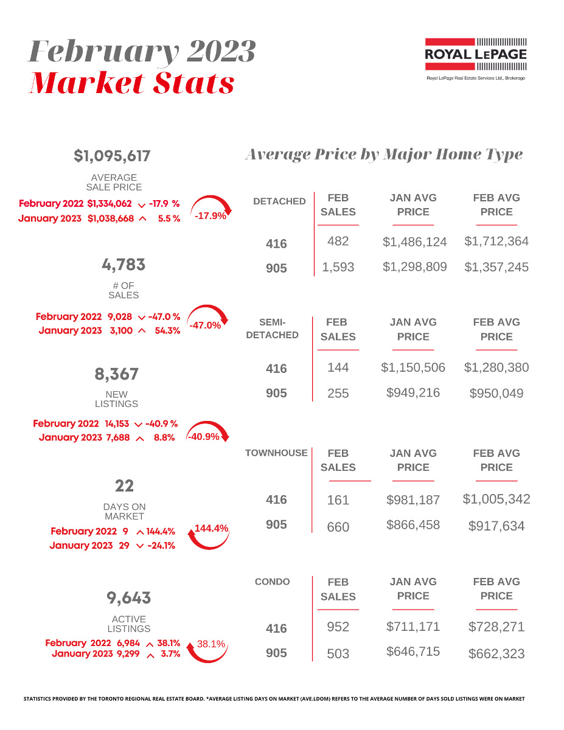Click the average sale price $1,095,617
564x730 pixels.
click(x=112, y=156)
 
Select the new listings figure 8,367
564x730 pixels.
click(x=116, y=374)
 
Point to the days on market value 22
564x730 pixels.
click(x=124, y=485)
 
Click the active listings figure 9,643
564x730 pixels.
click(x=128, y=598)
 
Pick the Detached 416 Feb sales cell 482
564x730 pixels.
click(x=338, y=241)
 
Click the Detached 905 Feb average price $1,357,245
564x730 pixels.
click(x=496, y=267)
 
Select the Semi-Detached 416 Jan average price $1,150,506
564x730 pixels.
click(x=413, y=367)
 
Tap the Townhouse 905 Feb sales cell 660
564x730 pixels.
click(x=338, y=527)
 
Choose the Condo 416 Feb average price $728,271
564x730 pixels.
click(x=496, y=627)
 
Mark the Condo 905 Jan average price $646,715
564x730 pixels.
click(x=413, y=652)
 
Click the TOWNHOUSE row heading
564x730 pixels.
click(x=276, y=453)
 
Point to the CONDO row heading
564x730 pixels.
click(x=273, y=582)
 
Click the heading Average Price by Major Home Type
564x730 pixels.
click(x=383, y=155)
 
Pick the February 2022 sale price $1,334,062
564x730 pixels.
click(x=110, y=204)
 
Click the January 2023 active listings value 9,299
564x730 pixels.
click(x=127, y=654)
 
